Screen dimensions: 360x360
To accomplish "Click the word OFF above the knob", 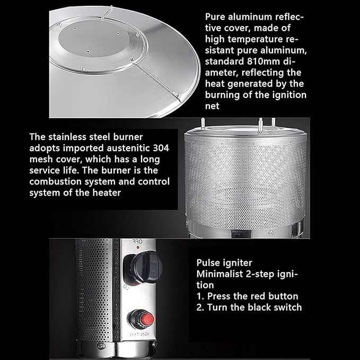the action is [137, 242].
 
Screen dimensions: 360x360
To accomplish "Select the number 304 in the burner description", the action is [161, 147].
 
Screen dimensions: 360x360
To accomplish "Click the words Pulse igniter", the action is [224, 263].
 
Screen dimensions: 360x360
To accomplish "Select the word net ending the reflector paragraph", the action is [212, 106].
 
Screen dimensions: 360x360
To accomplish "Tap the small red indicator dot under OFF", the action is [138, 248].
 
